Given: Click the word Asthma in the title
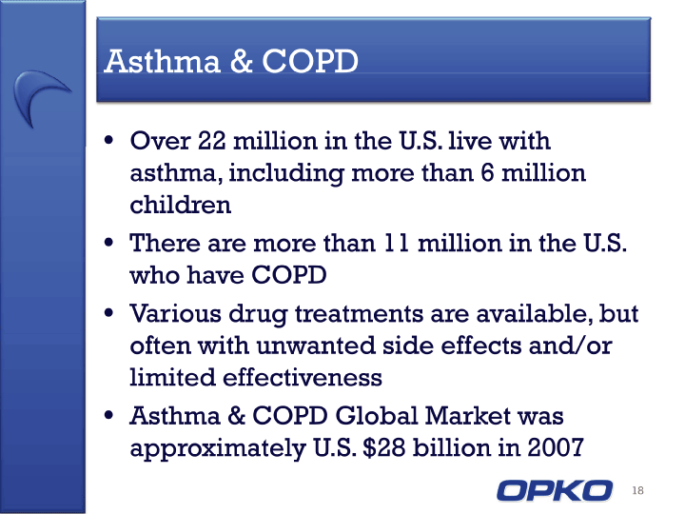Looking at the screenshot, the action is tap(162, 61).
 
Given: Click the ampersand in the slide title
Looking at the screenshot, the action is tap(241, 61).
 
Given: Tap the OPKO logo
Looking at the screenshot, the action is tap(555, 490).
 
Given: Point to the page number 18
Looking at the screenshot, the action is tap(637, 490).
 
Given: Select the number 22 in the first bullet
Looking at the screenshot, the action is tap(212, 141).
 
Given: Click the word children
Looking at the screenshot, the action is tap(181, 204).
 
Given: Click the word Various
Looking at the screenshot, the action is tap(176, 313).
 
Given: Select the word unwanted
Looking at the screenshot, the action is tap(316, 346).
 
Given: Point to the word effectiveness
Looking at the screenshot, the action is tap(303, 377).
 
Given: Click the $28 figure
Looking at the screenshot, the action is tap(384, 447).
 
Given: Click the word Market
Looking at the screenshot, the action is tap(467, 415).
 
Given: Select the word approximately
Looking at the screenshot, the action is tap(218, 448).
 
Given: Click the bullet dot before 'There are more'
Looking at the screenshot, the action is tap(108, 243).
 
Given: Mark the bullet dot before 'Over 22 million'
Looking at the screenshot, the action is tap(108, 141).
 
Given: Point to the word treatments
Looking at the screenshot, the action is tap(359, 313).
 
